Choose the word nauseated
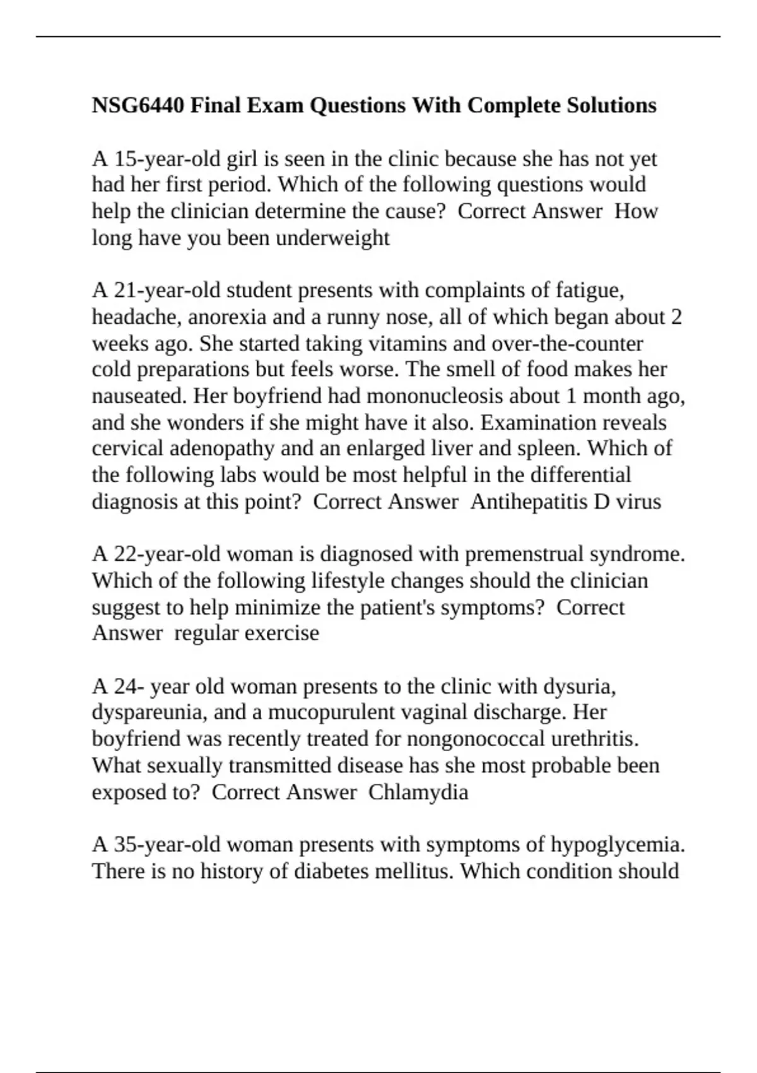(x=139, y=396)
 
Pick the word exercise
(x=281, y=633)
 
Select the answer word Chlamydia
(x=418, y=792)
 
